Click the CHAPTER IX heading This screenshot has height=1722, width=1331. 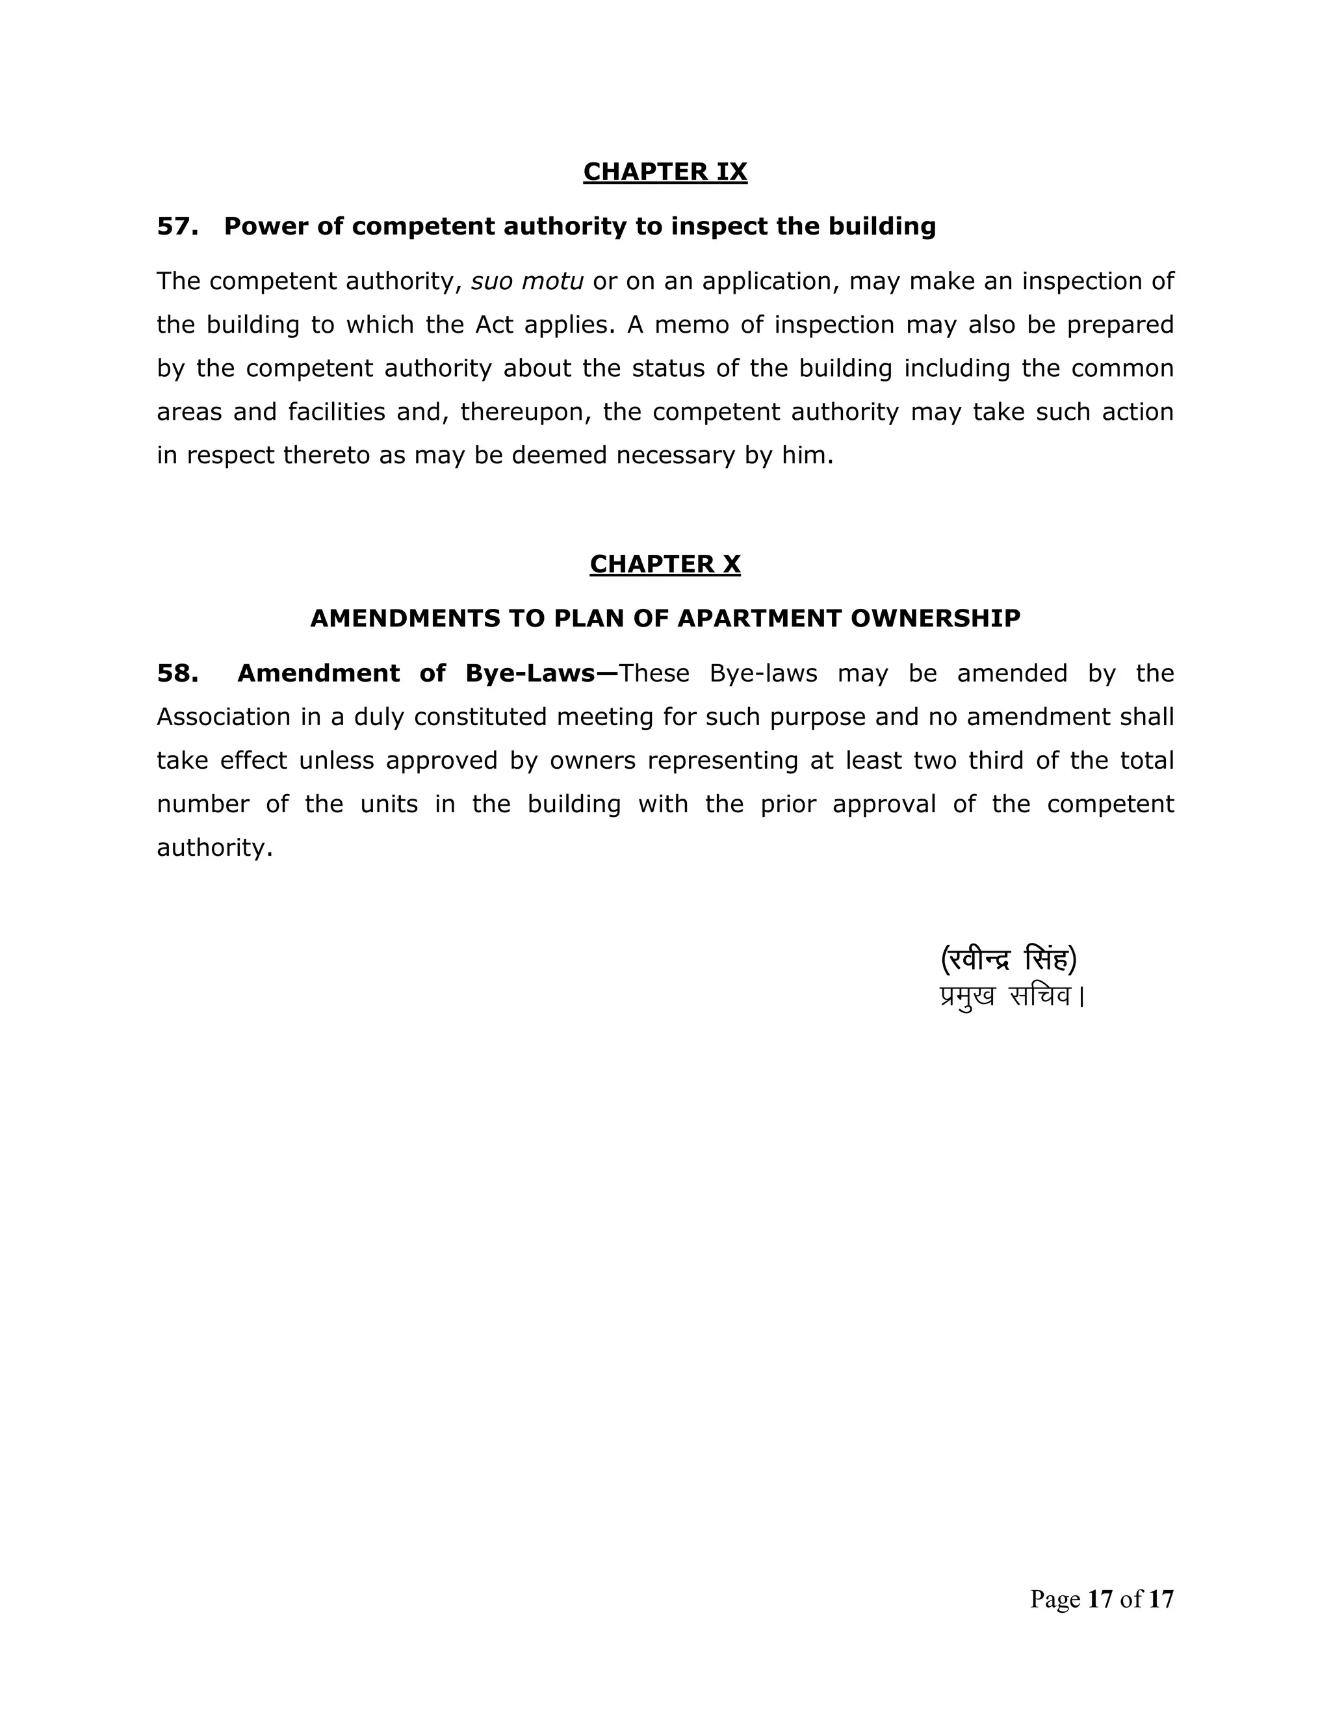point(665,172)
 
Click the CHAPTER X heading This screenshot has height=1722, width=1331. point(665,565)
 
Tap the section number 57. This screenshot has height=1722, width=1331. point(177,226)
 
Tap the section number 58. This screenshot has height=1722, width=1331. point(177,673)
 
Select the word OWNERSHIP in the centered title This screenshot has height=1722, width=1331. point(935,618)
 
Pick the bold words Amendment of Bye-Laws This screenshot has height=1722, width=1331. point(426,673)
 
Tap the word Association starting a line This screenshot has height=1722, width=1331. point(223,717)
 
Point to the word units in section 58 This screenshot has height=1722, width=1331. point(389,804)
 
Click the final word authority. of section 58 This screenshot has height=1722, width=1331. point(214,849)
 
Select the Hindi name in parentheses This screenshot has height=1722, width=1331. point(1009,960)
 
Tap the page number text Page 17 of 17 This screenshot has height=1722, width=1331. point(1101,1599)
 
